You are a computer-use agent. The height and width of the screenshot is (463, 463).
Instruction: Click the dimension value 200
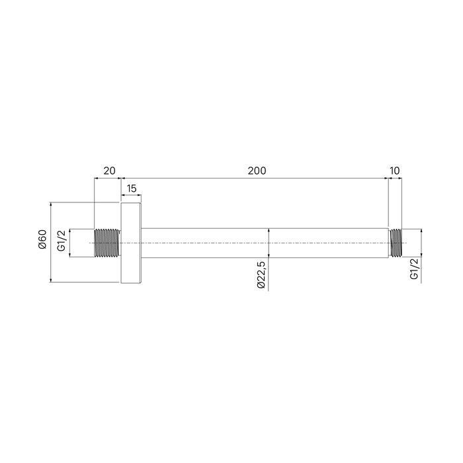tap(257, 171)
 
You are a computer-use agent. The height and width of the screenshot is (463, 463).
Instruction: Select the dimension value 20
tap(109, 171)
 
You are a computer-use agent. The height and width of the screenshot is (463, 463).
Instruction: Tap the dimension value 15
tap(131, 189)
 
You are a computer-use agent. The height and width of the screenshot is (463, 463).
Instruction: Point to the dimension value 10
tap(395, 171)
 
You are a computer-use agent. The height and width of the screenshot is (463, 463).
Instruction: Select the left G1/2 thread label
tap(61, 243)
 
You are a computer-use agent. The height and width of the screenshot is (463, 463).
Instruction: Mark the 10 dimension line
tap(395, 178)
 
